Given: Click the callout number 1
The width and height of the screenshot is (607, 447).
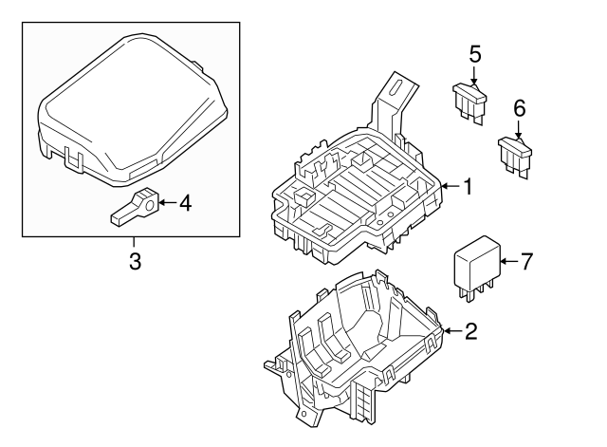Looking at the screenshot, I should tap(467, 188).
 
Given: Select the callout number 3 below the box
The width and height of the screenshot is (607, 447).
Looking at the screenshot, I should tap(135, 260).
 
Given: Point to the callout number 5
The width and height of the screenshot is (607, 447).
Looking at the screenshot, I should tap(475, 55).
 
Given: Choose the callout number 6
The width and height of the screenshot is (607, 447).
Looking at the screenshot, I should tap(519, 108).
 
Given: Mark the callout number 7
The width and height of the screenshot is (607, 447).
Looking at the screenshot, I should tap(527, 260).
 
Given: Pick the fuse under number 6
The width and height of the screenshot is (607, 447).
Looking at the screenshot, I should tap(515, 154).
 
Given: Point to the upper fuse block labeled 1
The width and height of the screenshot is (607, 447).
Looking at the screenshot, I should tap(356, 195).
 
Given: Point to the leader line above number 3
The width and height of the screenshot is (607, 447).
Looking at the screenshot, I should tap(135, 241).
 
